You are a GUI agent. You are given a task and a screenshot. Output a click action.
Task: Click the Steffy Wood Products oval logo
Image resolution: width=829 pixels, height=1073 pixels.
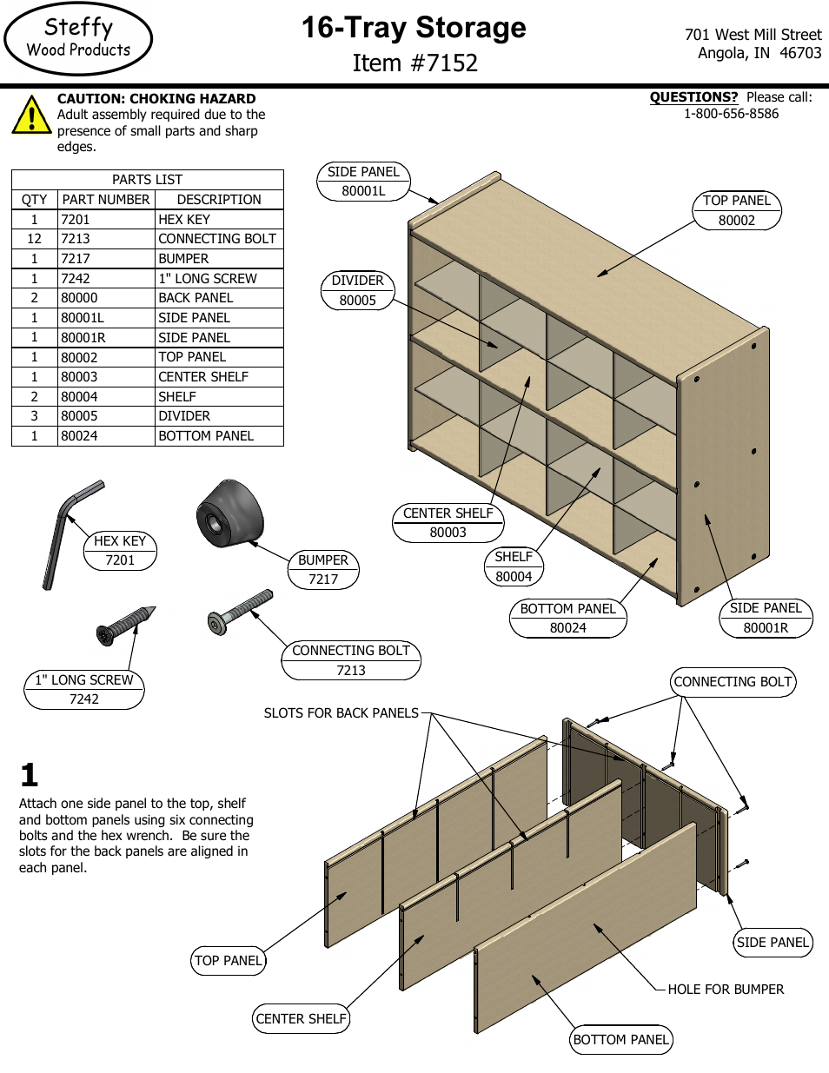coord(78,39)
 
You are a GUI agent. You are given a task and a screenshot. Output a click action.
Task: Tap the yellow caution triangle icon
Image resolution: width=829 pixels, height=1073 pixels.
coord(31,116)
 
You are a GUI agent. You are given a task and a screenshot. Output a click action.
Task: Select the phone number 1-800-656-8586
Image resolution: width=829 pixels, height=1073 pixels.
coord(731,114)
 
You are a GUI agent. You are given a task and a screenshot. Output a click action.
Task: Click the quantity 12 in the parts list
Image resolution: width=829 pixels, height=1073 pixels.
coord(35,239)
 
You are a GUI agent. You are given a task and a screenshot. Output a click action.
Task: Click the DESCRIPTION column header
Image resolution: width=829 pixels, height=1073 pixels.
coord(219,200)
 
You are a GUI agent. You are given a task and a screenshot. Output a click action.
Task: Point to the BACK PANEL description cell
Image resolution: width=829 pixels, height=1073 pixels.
coord(196,298)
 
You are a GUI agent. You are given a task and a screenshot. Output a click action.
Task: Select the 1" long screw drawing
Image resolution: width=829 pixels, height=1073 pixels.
coord(126,625)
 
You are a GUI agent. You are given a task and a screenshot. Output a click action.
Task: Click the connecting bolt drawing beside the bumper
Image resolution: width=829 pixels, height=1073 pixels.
coord(241,610)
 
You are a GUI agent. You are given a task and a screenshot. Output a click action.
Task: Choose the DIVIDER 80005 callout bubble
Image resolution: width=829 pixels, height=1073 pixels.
coord(357,290)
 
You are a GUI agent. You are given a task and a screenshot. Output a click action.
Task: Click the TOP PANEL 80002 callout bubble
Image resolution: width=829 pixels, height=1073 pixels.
coord(737,210)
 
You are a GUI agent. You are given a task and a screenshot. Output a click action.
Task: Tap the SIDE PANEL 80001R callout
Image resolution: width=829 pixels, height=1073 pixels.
coord(766,618)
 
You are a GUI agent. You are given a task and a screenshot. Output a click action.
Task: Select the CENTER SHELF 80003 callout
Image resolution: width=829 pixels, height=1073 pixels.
coord(448,523)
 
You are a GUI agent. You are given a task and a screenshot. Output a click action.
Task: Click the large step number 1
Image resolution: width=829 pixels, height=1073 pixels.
coord(30,775)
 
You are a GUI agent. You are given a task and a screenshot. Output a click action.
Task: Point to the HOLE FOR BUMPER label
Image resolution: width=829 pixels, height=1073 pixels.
coord(726,990)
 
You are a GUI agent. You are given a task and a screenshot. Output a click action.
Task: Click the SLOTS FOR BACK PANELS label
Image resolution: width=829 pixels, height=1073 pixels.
coord(341,713)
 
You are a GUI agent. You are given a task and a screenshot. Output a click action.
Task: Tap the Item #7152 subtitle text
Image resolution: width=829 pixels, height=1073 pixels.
coord(414,63)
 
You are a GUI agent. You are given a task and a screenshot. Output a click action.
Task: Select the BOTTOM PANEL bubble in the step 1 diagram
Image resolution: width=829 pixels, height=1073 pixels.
coord(621,1040)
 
